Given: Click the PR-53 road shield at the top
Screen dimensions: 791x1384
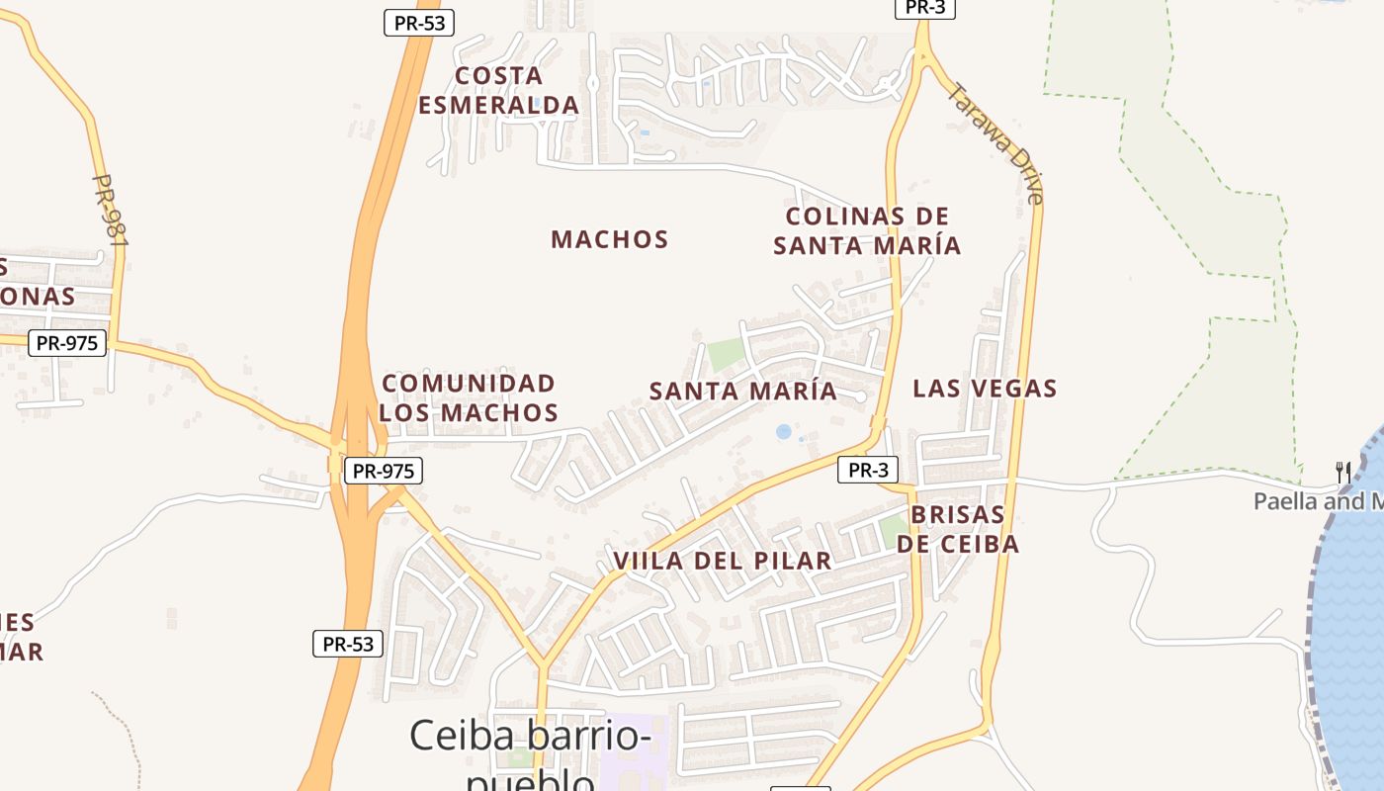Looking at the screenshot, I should tap(419, 24).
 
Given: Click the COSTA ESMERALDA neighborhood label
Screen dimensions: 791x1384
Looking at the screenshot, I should tap(498, 90).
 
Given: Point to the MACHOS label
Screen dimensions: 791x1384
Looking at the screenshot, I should tap(610, 239).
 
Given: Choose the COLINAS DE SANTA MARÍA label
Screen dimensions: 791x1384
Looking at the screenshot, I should tap(867, 230).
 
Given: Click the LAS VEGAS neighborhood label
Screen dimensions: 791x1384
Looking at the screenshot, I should tap(985, 389).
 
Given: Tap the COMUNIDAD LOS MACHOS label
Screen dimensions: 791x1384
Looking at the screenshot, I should tap(469, 397).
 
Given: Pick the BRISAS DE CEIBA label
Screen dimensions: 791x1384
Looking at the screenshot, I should tap(958, 529).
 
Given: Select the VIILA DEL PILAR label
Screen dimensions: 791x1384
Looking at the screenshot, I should tap(723, 561).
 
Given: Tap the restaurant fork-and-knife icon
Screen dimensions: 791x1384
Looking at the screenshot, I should tap(1342, 472).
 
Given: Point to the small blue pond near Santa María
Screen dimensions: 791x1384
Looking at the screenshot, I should tap(784, 432).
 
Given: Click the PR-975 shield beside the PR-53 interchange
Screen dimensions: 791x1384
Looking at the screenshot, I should tap(384, 471).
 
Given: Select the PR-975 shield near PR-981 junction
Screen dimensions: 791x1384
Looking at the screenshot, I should tap(67, 343).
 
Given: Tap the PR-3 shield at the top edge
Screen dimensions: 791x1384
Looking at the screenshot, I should tap(925, 8).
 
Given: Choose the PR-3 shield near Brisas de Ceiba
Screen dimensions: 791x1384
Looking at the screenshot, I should tap(868, 470).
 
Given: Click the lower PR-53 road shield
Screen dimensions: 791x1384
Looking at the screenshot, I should tap(348, 644).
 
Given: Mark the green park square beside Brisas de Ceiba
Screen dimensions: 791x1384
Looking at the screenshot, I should tap(892, 531).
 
